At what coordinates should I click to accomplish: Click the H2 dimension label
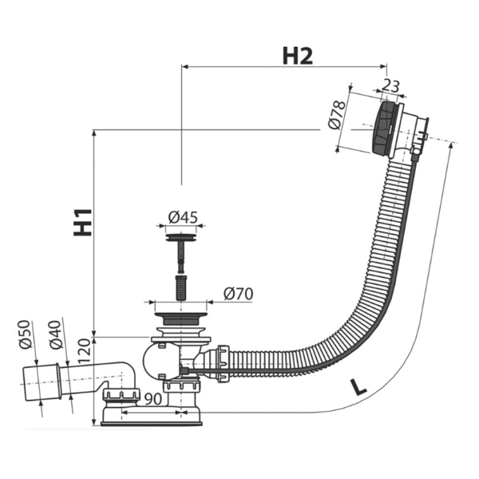[298, 56]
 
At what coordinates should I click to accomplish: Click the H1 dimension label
[83, 223]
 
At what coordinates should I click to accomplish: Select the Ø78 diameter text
[338, 115]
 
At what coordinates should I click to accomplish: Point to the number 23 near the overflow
[390, 85]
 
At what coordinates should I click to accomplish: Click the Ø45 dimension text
[183, 217]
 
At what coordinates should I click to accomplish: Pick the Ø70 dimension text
[238, 294]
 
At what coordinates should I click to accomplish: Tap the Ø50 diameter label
[25, 335]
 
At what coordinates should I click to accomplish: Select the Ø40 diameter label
[56, 335]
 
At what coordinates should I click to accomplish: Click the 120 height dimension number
[85, 351]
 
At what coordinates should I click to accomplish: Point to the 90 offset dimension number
[152, 399]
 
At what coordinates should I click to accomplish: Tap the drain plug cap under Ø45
[181, 237]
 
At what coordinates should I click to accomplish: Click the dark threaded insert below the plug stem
[181, 287]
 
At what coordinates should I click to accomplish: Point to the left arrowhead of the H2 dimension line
[185, 66]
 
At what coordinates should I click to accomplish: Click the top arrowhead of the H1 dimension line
[94, 133]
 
